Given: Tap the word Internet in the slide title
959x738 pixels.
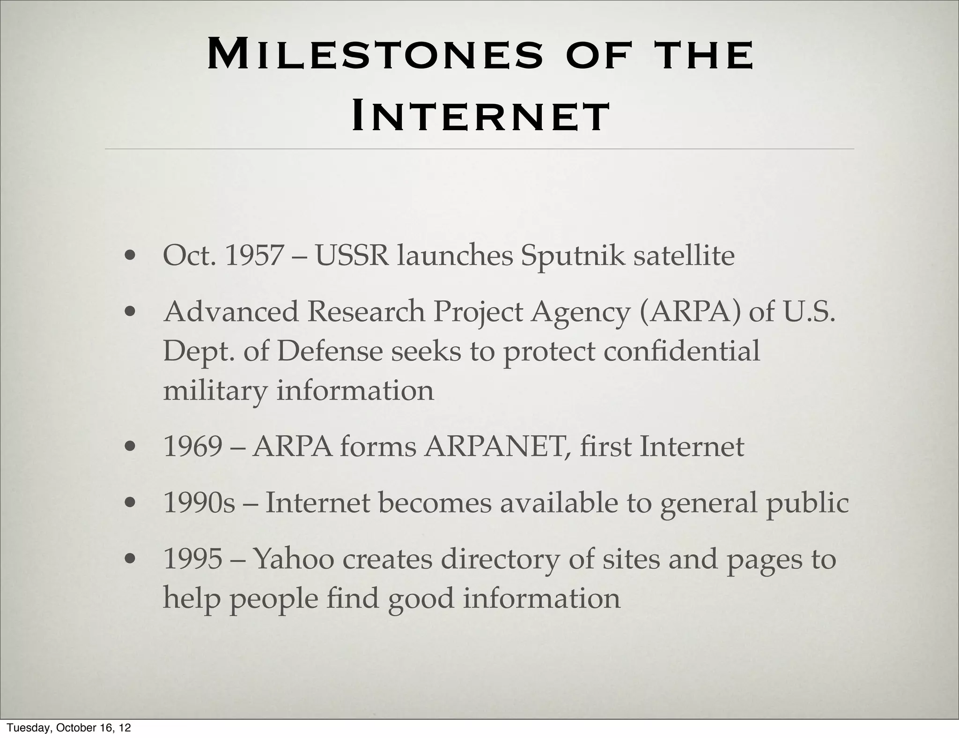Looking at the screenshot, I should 480,117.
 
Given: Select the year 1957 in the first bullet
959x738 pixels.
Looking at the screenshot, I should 254,256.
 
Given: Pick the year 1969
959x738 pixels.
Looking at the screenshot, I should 192,447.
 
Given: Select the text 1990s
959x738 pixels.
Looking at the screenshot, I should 199,503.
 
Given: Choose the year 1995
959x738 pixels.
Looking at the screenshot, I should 192,559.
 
